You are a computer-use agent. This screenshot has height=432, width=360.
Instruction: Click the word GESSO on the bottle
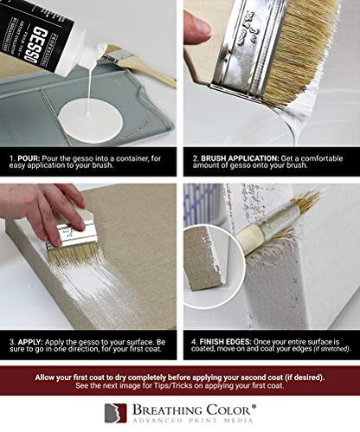coord(36,46)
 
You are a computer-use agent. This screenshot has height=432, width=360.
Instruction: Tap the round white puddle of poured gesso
coord(91,120)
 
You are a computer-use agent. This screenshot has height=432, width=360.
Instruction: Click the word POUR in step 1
coord(29,158)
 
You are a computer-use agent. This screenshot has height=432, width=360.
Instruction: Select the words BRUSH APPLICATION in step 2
coord(239,158)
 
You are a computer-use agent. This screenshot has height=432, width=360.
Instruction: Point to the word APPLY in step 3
coord(30,342)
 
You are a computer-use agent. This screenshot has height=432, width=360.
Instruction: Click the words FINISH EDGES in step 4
coord(226,342)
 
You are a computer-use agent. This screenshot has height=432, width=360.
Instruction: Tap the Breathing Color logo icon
coord(115,413)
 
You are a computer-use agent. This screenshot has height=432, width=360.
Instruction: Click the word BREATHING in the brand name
coord(167,410)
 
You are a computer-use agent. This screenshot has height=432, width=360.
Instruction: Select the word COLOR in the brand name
coord(229,410)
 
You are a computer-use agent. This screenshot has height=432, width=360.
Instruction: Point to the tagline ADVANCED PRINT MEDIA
coord(192,420)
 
